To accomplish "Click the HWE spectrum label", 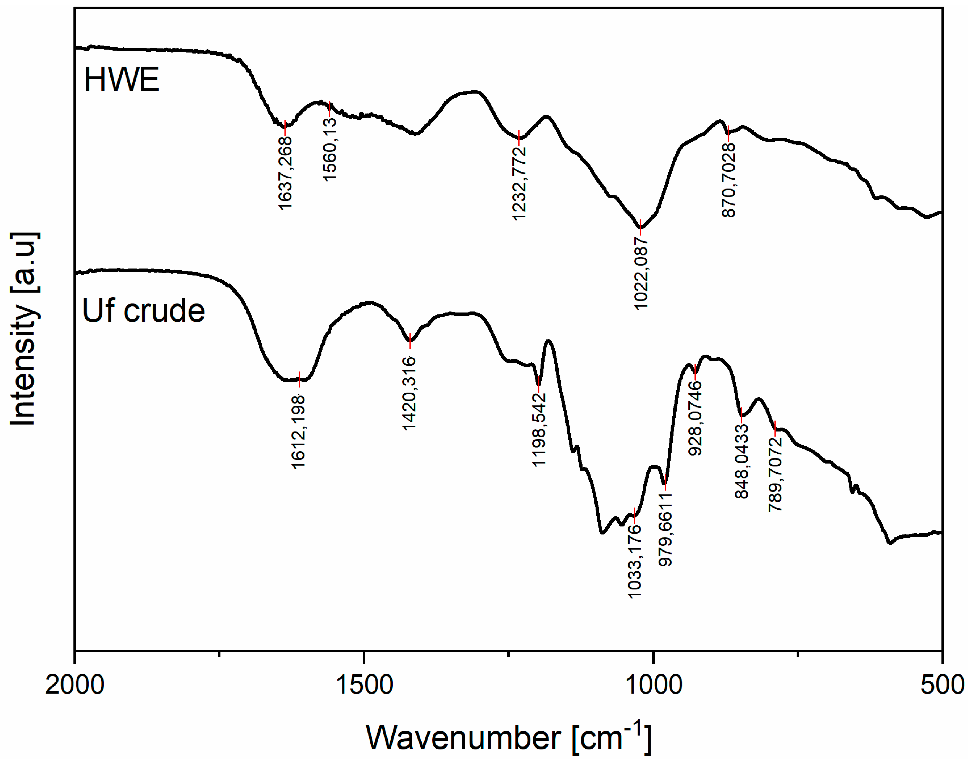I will [121, 80].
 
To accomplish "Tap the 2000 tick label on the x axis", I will [75, 685].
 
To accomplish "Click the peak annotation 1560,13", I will [330, 150].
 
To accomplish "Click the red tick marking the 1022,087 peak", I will [641, 227].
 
